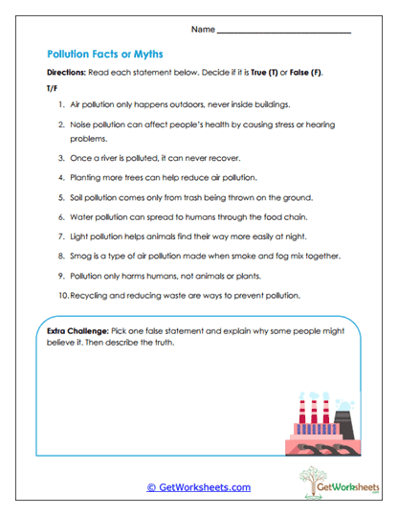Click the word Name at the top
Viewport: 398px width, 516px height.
click(203, 30)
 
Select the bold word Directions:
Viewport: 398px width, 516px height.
click(68, 74)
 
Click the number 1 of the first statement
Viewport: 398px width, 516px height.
click(60, 103)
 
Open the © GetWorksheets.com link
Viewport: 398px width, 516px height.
click(199, 486)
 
